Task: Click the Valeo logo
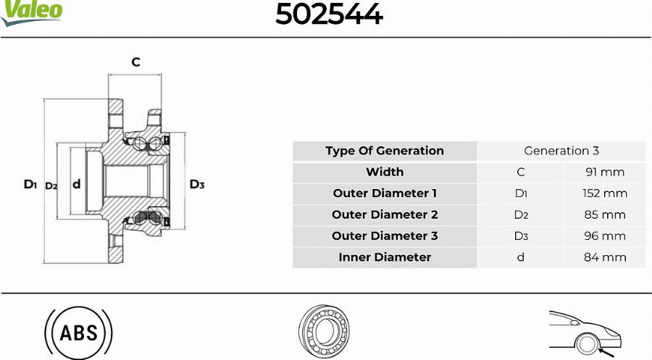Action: tap(31, 12)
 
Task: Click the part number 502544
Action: tap(329, 14)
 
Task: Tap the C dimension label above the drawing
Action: tap(135, 62)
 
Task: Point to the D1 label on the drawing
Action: tap(30, 184)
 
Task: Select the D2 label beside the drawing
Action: tap(51, 186)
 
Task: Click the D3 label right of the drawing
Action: tap(197, 184)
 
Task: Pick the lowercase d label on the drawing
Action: tap(77, 184)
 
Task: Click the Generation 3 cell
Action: tap(561, 151)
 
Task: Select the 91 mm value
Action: tap(605, 172)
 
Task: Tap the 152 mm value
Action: tap(605, 193)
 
